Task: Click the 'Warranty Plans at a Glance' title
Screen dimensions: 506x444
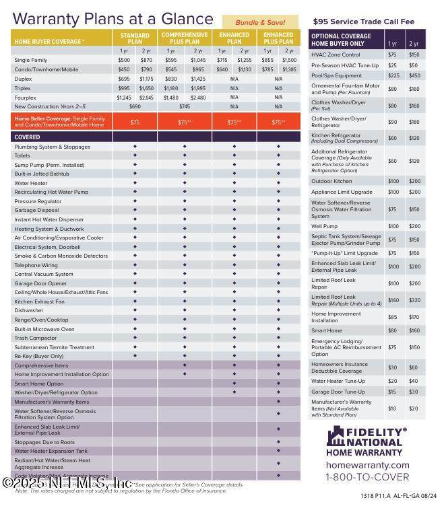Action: (x=111, y=18)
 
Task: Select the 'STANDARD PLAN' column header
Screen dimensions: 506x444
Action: (x=135, y=38)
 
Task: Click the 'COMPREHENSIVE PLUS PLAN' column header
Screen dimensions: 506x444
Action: (x=185, y=38)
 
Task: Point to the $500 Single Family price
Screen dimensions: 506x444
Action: (x=124, y=60)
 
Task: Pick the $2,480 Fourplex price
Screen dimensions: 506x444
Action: (x=198, y=97)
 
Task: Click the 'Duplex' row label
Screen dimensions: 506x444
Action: (x=24, y=78)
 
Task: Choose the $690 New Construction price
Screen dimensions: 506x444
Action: (x=135, y=106)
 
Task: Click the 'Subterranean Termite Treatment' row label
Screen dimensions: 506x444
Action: (x=55, y=347)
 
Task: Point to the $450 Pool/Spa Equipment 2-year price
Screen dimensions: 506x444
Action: (x=414, y=75)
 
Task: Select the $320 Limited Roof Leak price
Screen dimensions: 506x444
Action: (x=414, y=300)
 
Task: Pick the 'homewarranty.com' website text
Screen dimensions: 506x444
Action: (x=367, y=465)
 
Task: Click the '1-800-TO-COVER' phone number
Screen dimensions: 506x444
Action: (x=367, y=478)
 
